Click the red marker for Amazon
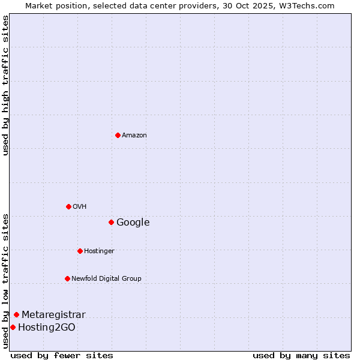(x=118, y=135)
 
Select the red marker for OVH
(x=68, y=206)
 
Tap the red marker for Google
(x=111, y=222)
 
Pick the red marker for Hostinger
(x=80, y=251)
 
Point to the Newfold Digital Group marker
(x=67, y=278)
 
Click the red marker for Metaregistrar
(x=16, y=314)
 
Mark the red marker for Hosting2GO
(x=13, y=327)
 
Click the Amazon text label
(x=134, y=135)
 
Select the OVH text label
(x=80, y=206)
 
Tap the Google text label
(x=133, y=223)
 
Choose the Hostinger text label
(x=99, y=251)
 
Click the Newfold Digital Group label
(x=106, y=278)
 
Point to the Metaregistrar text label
(x=53, y=315)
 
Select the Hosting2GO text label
(x=47, y=328)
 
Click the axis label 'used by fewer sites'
(x=62, y=355)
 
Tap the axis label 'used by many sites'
(x=301, y=355)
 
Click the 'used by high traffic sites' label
(x=5, y=85)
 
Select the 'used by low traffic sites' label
(x=5, y=280)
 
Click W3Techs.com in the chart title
(x=305, y=5)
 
